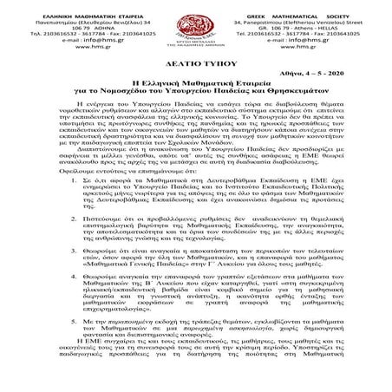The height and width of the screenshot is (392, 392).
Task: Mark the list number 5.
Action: point(83,350)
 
